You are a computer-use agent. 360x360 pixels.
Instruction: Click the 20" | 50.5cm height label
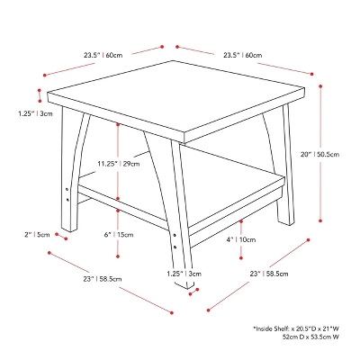point(320,154)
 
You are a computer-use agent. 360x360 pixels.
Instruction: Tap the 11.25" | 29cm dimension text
point(119,164)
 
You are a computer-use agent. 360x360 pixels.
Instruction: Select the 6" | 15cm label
point(119,235)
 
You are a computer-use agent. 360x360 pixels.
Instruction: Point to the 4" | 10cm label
point(241,239)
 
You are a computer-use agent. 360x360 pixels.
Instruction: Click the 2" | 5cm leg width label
point(37,235)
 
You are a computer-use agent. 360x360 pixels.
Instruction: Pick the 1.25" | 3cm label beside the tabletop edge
point(35,113)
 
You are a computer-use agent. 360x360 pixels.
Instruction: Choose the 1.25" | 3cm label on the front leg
point(184,274)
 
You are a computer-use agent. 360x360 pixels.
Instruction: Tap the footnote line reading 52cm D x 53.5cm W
point(310,337)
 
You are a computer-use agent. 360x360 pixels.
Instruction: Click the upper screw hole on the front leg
point(175,236)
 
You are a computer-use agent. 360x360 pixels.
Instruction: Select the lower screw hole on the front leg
point(175,247)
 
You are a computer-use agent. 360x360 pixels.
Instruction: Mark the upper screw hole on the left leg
point(67,189)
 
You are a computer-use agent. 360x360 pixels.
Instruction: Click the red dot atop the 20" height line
point(320,86)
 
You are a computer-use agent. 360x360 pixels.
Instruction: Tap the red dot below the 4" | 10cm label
point(241,258)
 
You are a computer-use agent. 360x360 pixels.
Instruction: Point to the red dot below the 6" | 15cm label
point(118,256)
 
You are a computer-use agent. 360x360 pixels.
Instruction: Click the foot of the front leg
point(186,285)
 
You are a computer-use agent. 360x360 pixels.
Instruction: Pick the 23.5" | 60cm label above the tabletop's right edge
point(242,55)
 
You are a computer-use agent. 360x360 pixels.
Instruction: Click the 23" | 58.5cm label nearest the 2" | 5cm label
point(103,279)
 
